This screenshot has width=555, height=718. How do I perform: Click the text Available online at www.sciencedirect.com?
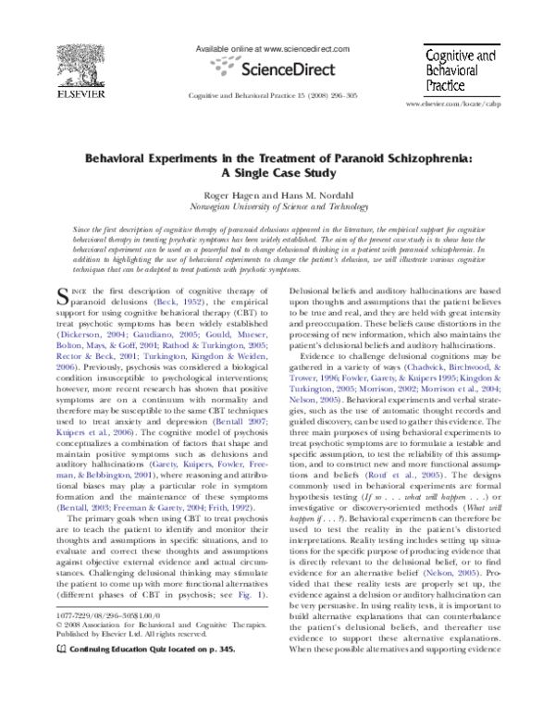point(273,47)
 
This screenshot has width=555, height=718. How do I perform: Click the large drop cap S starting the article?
point(63,296)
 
